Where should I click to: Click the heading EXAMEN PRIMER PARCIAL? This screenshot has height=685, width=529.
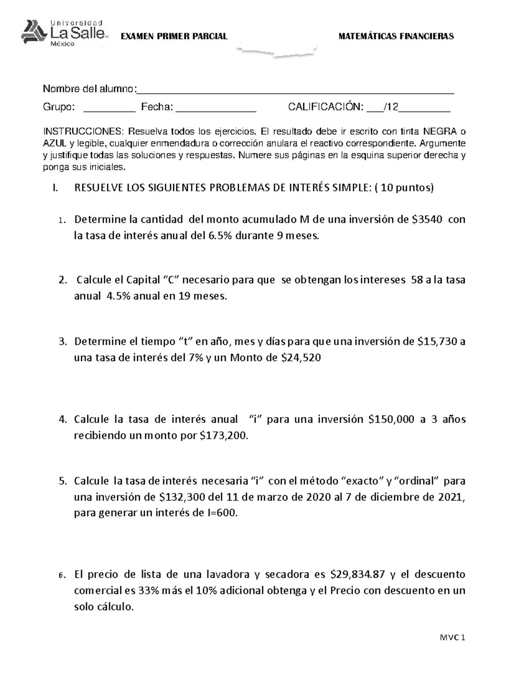(x=174, y=37)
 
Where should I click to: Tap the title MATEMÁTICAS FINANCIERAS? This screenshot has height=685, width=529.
(x=396, y=37)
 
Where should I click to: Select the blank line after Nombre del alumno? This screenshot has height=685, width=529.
(x=295, y=90)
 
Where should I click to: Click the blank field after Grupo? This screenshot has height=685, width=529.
(x=109, y=108)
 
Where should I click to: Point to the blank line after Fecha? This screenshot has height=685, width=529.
(x=216, y=108)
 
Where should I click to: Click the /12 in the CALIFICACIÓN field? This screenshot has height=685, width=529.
(x=391, y=107)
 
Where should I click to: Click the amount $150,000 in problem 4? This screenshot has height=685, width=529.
(x=391, y=419)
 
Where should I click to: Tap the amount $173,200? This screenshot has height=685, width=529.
(x=224, y=436)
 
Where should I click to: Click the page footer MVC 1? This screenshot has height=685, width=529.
(x=452, y=638)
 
